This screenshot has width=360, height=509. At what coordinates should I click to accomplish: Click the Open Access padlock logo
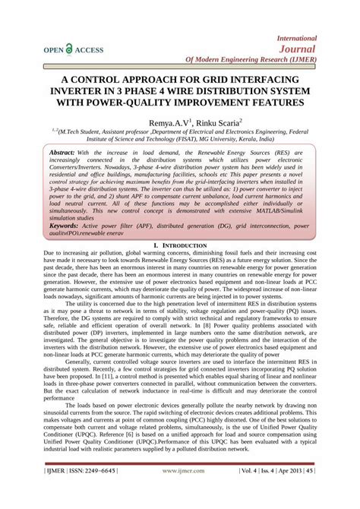click(69, 49)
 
